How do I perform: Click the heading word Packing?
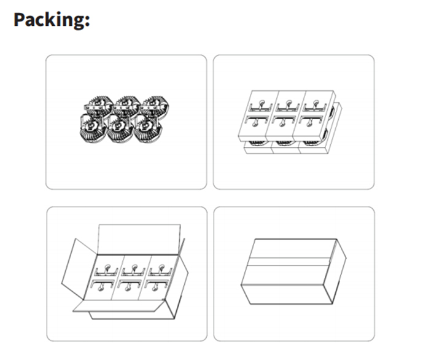click(x=48, y=20)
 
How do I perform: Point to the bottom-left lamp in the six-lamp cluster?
click(x=93, y=128)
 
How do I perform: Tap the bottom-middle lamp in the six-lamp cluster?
click(x=120, y=128)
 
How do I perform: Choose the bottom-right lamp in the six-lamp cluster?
click(x=148, y=128)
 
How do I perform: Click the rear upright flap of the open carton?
click(x=139, y=239)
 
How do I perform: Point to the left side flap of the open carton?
click(x=79, y=268)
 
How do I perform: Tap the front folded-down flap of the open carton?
click(x=118, y=306)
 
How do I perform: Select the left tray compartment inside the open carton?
click(x=103, y=277)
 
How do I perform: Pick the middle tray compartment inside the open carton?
click(x=131, y=277)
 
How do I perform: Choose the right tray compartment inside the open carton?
click(x=158, y=277)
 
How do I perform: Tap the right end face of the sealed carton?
click(x=335, y=272)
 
